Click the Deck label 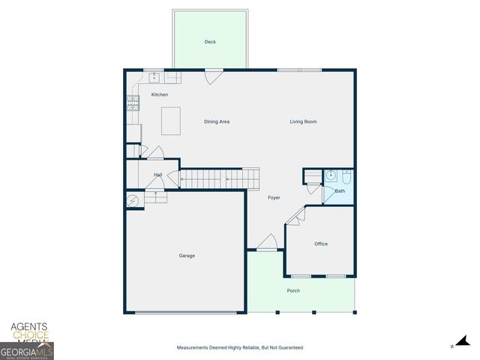tap(210, 42)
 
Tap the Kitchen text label tap(160, 94)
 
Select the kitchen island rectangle tap(172, 121)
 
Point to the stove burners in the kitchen tap(133, 103)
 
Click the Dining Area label tap(217, 121)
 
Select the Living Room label tap(304, 121)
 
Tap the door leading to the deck tap(214, 76)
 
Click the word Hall tap(158, 175)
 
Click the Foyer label tap(274, 197)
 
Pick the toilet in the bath tap(346, 177)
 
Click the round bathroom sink tap(331, 176)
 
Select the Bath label tap(340, 191)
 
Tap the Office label tap(321, 244)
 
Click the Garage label tap(187, 256)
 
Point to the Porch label tap(293, 290)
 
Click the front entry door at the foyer tap(266, 243)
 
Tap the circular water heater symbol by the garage tap(133, 200)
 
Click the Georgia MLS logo tap(27, 351)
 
